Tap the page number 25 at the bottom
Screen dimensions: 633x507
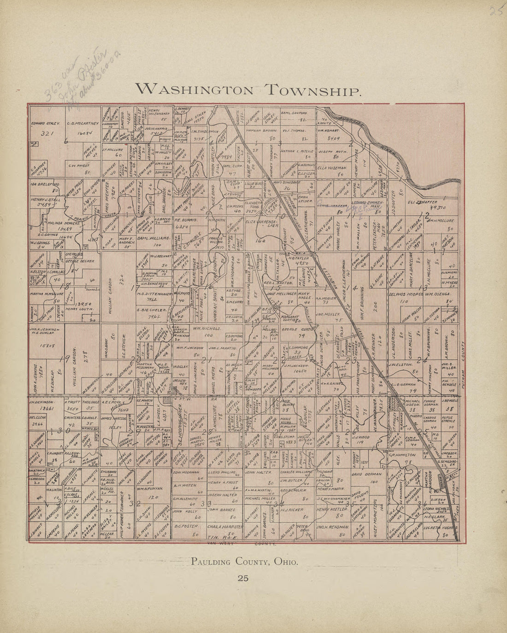243,578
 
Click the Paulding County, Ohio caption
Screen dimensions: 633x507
244,562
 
